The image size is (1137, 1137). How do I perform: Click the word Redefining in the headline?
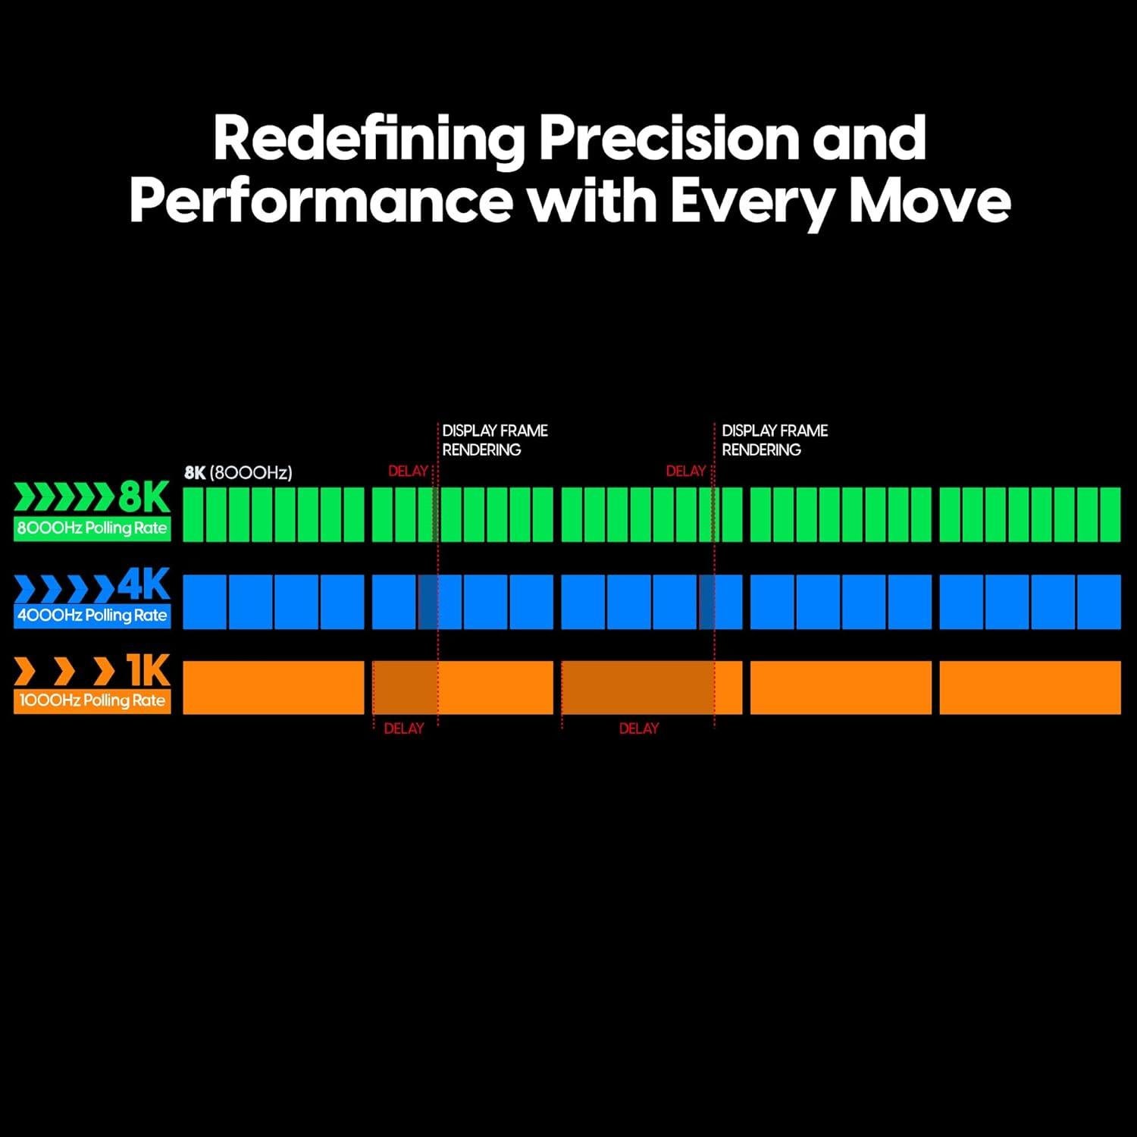coord(369,139)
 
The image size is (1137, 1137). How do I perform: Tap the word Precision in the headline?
coord(669,139)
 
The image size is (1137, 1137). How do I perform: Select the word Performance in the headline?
coord(321,201)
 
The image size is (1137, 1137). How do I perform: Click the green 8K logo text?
coord(144,499)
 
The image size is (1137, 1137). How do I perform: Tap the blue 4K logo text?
coord(144,584)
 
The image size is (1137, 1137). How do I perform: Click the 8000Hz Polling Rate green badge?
coord(92,528)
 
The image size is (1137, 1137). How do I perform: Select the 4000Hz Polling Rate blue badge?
coord(92,615)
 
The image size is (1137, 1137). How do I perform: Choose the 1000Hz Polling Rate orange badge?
coord(92,701)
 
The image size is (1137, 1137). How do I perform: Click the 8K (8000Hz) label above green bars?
coord(238,473)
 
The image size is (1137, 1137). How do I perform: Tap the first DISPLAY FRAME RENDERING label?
coord(495,440)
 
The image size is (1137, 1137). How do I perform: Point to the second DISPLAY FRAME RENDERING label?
coord(775,440)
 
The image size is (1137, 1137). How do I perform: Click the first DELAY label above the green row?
coord(409,471)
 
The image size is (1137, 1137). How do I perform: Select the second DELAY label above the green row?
coord(686,471)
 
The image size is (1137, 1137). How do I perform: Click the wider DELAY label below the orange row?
coord(639,728)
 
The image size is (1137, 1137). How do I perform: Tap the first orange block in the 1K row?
coord(274,688)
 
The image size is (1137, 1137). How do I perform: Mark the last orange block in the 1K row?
coord(1030,688)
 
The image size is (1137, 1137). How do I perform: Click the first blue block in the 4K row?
coord(205,602)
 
